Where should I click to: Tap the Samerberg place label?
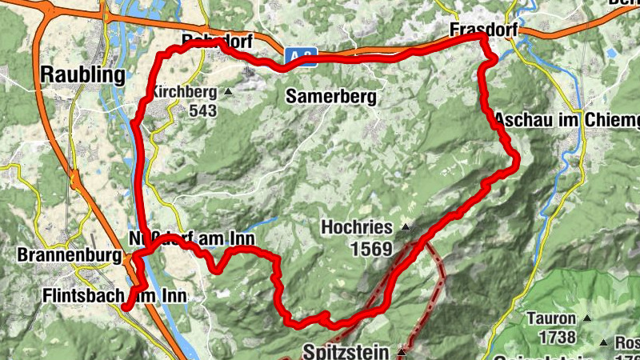[x=331, y=97]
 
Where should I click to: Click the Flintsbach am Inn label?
[x=114, y=296]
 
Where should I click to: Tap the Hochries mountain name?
[x=358, y=227]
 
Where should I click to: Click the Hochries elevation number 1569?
[x=370, y=249]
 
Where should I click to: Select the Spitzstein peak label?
[x=347, y=351]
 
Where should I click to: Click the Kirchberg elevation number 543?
[x=203, y=110]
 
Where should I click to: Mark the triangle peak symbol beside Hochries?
[x=406, y=227]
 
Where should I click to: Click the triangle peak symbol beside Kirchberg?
[x=228, y=92]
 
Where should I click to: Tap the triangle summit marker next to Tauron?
[x=587, y=318]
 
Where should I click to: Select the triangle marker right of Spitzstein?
[x=402, y=351]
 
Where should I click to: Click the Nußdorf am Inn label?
[x=191, y=238]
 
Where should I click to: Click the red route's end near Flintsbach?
[x=126, y=306]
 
